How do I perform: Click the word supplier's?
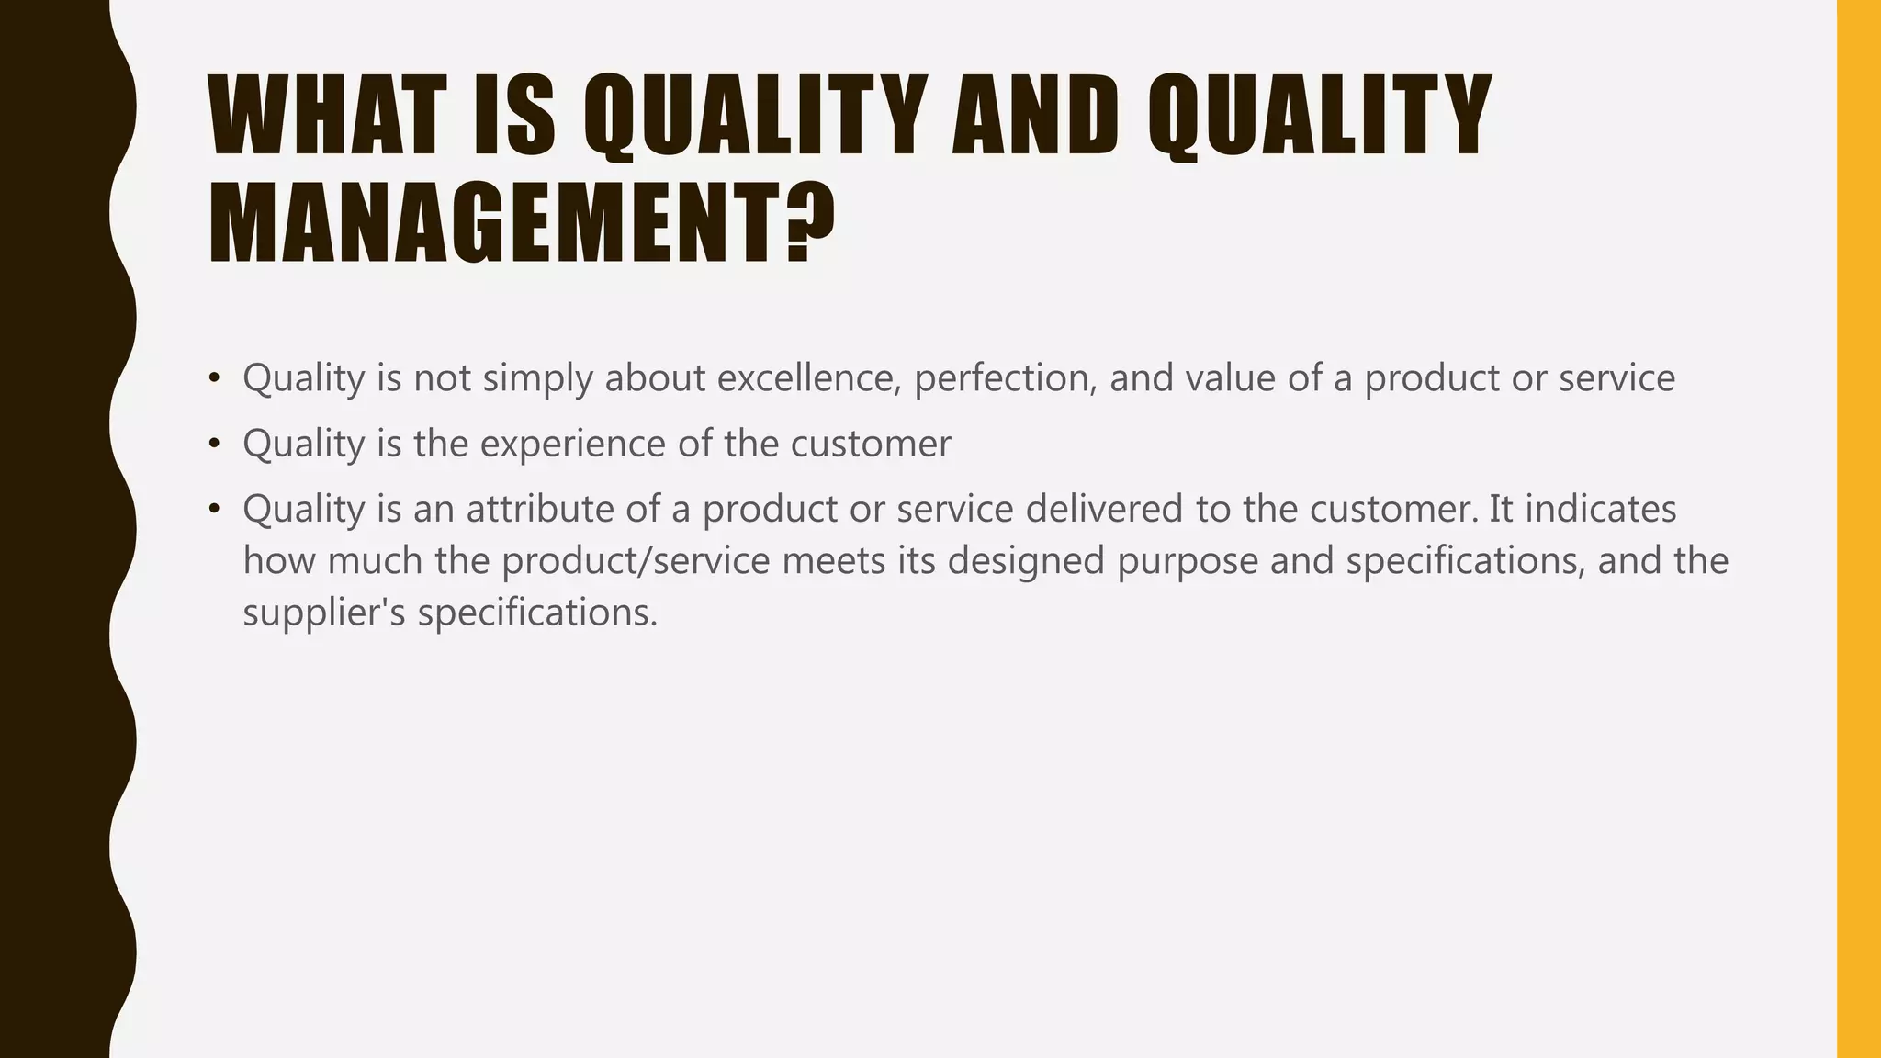pos(324,613)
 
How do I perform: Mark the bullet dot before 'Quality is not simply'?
pos(214,377)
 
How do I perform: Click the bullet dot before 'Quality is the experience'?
pos(214,444)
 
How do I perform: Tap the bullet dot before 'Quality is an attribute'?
pos(214,509)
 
